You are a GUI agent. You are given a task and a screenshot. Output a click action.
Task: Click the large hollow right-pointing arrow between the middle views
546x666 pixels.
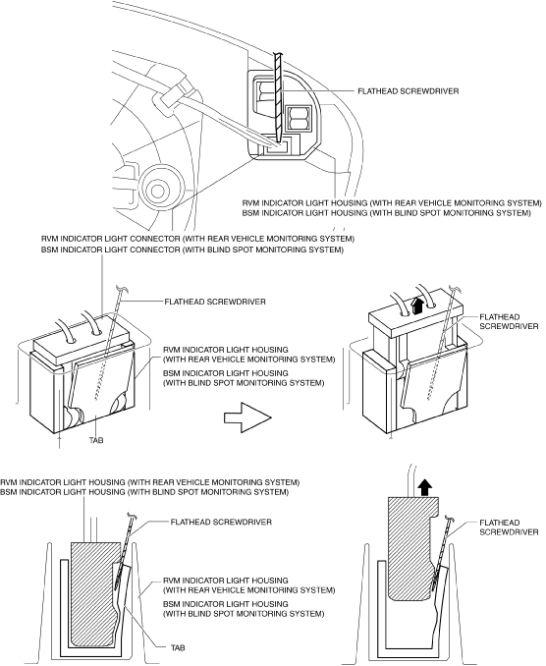point(247,417)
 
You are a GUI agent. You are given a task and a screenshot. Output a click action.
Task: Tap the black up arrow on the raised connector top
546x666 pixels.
point(417,305)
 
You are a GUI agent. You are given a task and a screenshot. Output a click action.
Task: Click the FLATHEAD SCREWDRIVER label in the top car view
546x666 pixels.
point(408,91)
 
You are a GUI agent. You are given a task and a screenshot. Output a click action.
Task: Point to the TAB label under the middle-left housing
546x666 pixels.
point(96,440)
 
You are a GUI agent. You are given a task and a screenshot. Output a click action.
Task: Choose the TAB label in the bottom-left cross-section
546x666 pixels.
point(178,648)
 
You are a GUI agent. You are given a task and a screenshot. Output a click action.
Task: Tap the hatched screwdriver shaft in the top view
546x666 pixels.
point(278,97)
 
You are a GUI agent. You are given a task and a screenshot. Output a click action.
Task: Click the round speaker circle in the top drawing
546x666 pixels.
point(162,187)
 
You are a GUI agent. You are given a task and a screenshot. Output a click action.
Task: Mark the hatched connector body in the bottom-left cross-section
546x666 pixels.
point(94,592)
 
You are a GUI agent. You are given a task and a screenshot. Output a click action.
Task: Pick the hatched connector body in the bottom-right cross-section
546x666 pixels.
point(412,548)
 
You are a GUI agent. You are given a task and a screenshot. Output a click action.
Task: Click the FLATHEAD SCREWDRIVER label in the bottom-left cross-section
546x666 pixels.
point(221,522)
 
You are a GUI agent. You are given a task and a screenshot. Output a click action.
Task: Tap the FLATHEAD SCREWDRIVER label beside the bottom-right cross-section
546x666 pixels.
point(509,527)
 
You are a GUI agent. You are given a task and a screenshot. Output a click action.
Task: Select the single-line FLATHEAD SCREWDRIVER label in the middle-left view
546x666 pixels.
point(215,302)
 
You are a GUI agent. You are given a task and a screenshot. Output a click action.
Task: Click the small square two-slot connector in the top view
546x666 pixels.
point(299,118)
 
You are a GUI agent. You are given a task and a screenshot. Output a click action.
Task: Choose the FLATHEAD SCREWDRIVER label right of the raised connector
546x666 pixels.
point(509,321)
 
